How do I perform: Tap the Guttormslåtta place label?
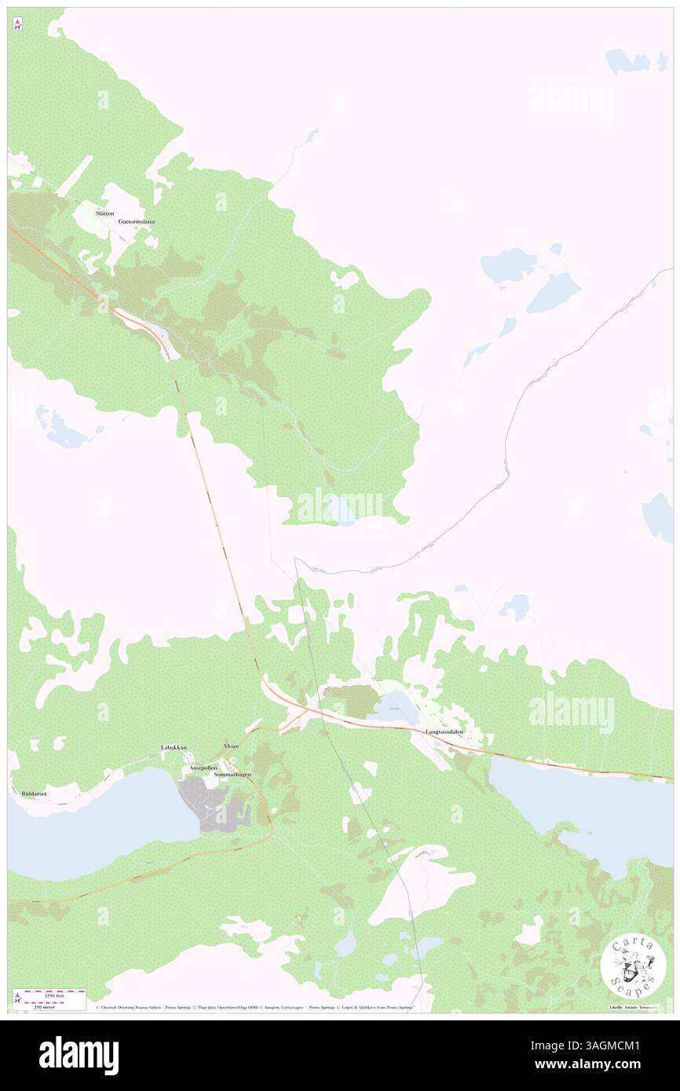(x=136, y=221)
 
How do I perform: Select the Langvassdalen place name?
(x=444, y=732)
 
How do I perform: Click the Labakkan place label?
(x=174, y=747)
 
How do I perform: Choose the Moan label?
(x=231, y=746)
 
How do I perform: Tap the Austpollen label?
(x=203, y=767)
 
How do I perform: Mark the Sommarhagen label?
(x=232, y=775)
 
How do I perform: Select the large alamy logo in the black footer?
(x=79, y=1055)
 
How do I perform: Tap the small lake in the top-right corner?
(x=627, y=61)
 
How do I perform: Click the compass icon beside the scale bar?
(x=17, y=998)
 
